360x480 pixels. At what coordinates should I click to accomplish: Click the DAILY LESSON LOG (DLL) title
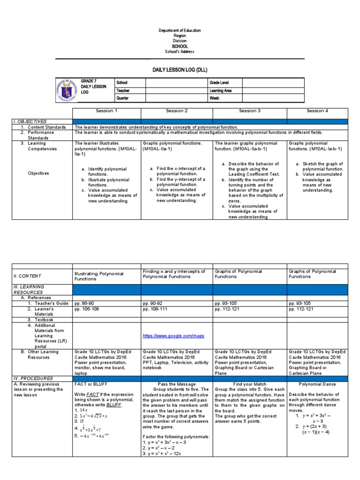180,69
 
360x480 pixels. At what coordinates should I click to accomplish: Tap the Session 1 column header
106,111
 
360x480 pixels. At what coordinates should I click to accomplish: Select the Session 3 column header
250,111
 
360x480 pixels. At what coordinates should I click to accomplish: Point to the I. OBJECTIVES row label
30,121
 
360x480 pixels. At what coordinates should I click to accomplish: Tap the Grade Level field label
220,82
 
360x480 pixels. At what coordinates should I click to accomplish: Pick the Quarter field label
123,98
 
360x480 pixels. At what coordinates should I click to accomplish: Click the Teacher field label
123,90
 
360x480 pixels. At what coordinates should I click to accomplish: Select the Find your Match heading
249,383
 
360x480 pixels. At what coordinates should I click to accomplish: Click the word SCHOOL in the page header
180,46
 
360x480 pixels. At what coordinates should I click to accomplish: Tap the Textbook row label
37,320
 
